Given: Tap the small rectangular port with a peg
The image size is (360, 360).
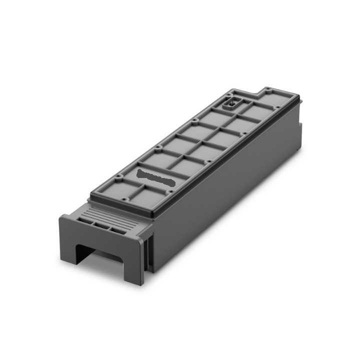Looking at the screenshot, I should click(x=231, y=104).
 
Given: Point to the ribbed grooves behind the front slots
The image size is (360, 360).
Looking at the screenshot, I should click(x=107, y=214).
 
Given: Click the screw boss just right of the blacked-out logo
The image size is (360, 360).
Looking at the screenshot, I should click(x=170, y=190).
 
